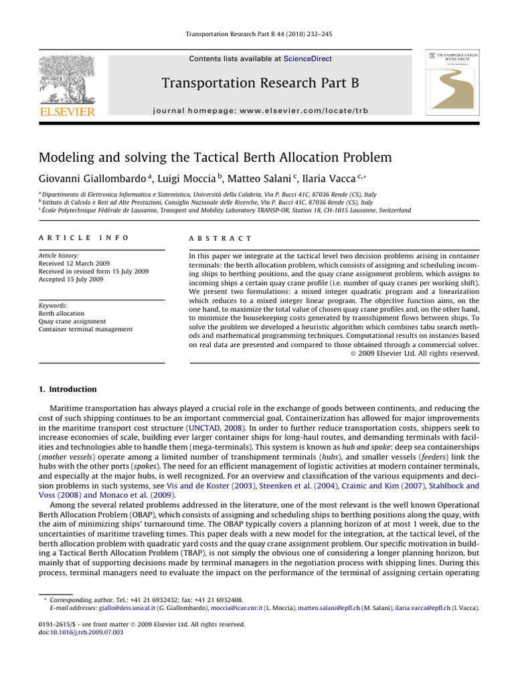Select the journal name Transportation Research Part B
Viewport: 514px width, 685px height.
260,83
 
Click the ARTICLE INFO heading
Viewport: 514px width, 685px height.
83,238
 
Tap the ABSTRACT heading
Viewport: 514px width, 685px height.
221,238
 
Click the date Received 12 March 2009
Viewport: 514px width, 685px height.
74,264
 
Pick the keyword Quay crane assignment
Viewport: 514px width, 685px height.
73,321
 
